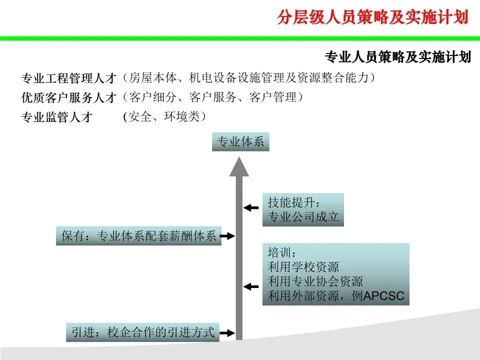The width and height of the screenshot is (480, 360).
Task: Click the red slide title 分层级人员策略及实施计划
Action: [x=372, y=17]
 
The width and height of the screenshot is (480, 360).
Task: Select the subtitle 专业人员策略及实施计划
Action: [x=398, y=57]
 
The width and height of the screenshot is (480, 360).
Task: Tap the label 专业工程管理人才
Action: [x=68, y=78]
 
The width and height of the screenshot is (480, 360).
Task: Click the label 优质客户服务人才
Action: [x=68, y=97]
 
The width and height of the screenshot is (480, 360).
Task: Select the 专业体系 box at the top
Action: [x=240, y=142]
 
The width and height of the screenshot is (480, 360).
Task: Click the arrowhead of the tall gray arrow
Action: [x=239, y=166]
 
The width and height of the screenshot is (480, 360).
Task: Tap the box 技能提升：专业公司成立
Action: [x=303, y=209]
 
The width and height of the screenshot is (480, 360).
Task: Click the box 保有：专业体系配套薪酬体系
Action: [x=138, y=236]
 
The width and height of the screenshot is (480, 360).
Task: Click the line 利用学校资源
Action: [x=303, y=267]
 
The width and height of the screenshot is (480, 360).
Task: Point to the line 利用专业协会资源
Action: [x=315, y=281]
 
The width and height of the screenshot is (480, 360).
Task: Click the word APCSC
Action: [x=383, y=296]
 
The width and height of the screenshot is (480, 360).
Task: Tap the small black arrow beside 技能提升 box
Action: [x=251, y=206]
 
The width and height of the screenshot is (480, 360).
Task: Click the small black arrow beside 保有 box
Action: [x=227, y=235]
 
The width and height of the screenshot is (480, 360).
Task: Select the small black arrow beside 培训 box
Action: [x=251, y=286]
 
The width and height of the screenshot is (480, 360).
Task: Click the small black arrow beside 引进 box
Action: [x=227, y=332]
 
